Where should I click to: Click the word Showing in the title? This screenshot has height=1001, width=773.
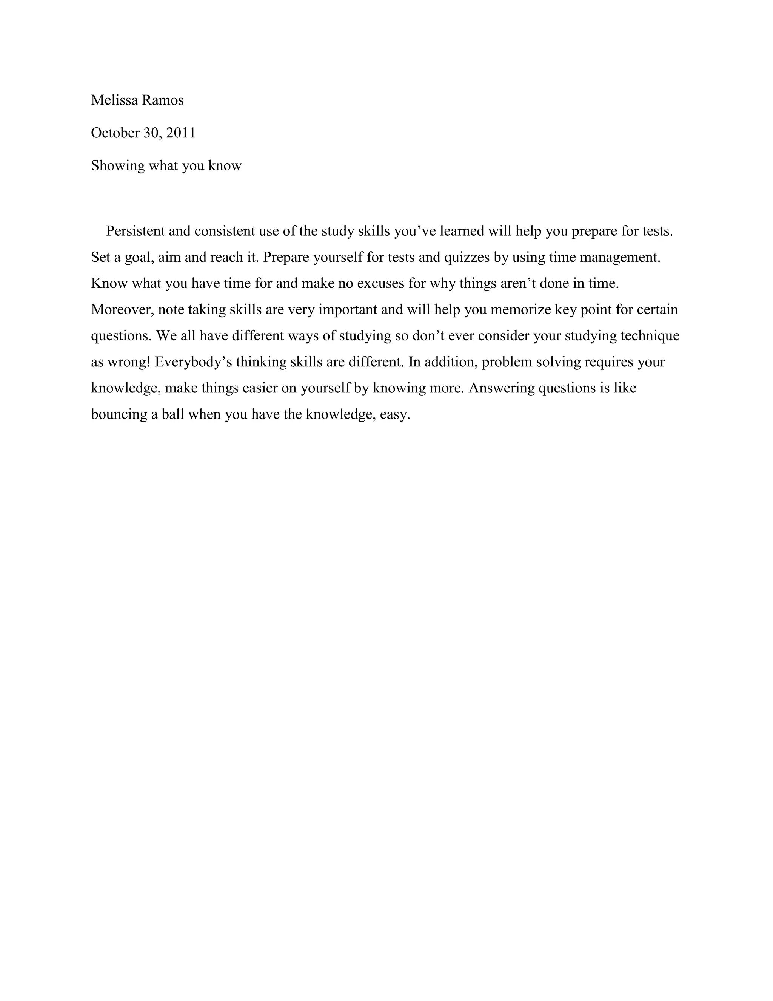coord(118,165)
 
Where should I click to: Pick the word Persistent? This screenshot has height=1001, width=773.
coord(136,231)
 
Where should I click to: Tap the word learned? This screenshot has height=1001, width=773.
coord(462,231)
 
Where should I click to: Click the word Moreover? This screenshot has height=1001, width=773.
coord(122,309)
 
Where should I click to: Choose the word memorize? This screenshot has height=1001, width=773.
coord(520,309)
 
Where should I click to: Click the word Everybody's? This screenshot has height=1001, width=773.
coord(193,362)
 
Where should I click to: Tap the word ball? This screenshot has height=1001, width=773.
coord(172,414)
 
